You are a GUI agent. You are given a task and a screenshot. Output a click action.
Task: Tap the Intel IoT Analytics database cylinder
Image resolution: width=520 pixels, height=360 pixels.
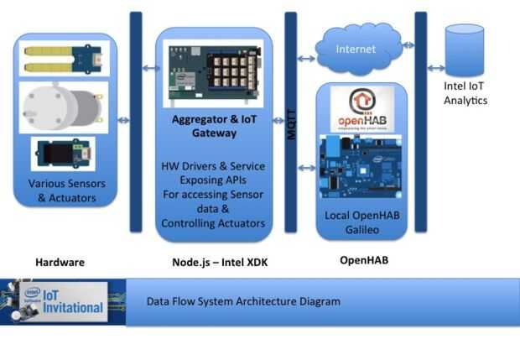tap(465, 50)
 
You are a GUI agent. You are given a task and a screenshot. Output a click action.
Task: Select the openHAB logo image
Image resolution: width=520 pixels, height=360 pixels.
tap(362, 109)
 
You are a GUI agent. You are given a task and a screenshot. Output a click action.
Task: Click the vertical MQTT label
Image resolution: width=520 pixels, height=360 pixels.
tap(291, 124)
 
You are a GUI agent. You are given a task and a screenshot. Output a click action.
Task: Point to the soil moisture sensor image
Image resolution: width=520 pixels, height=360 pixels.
tap(65, 59)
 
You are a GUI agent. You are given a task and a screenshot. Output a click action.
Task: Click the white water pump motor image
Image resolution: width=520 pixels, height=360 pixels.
tap(64, 107)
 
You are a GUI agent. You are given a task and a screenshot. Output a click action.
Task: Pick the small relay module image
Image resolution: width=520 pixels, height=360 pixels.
tap(63, 154)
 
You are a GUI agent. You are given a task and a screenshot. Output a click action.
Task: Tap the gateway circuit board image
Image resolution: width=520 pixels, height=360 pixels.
tap(213, 73)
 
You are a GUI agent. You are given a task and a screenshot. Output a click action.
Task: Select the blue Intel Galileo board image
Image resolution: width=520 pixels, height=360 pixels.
tap(361, 167)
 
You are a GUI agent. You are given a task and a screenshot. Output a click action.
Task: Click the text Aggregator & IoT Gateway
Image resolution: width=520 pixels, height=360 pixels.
tap(214, 126)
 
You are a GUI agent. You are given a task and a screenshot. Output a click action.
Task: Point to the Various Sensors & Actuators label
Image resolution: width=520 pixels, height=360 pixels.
tap(66, 190)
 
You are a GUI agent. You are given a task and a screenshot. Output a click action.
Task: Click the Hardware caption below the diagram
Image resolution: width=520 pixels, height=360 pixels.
tap(60, 263)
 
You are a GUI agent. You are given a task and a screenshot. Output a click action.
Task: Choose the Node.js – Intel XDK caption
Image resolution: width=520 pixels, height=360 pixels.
tap(220, 263)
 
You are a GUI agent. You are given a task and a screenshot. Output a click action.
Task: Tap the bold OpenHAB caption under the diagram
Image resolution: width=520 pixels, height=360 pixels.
tap(364, 260)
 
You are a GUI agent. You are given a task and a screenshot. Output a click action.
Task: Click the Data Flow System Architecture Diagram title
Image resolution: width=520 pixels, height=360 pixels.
tap(243, 301)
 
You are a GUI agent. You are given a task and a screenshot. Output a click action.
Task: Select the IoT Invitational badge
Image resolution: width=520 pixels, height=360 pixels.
tap(63, 301)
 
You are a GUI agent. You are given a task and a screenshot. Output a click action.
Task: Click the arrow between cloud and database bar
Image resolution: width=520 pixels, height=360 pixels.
tap(408, 44)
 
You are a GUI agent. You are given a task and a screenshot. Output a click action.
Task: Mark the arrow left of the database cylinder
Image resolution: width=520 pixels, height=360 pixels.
tap(436, 68)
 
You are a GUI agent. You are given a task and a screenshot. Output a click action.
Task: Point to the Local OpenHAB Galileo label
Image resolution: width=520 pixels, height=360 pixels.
tap(362, 222)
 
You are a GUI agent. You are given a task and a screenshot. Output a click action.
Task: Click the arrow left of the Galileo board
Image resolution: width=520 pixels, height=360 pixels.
tap(307, 168)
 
